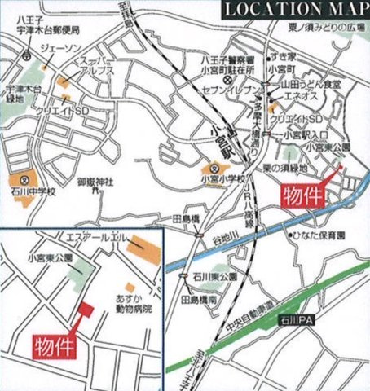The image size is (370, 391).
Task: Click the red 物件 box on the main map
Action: click(304, 195)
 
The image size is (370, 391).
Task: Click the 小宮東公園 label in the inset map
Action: click(50, 257)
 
